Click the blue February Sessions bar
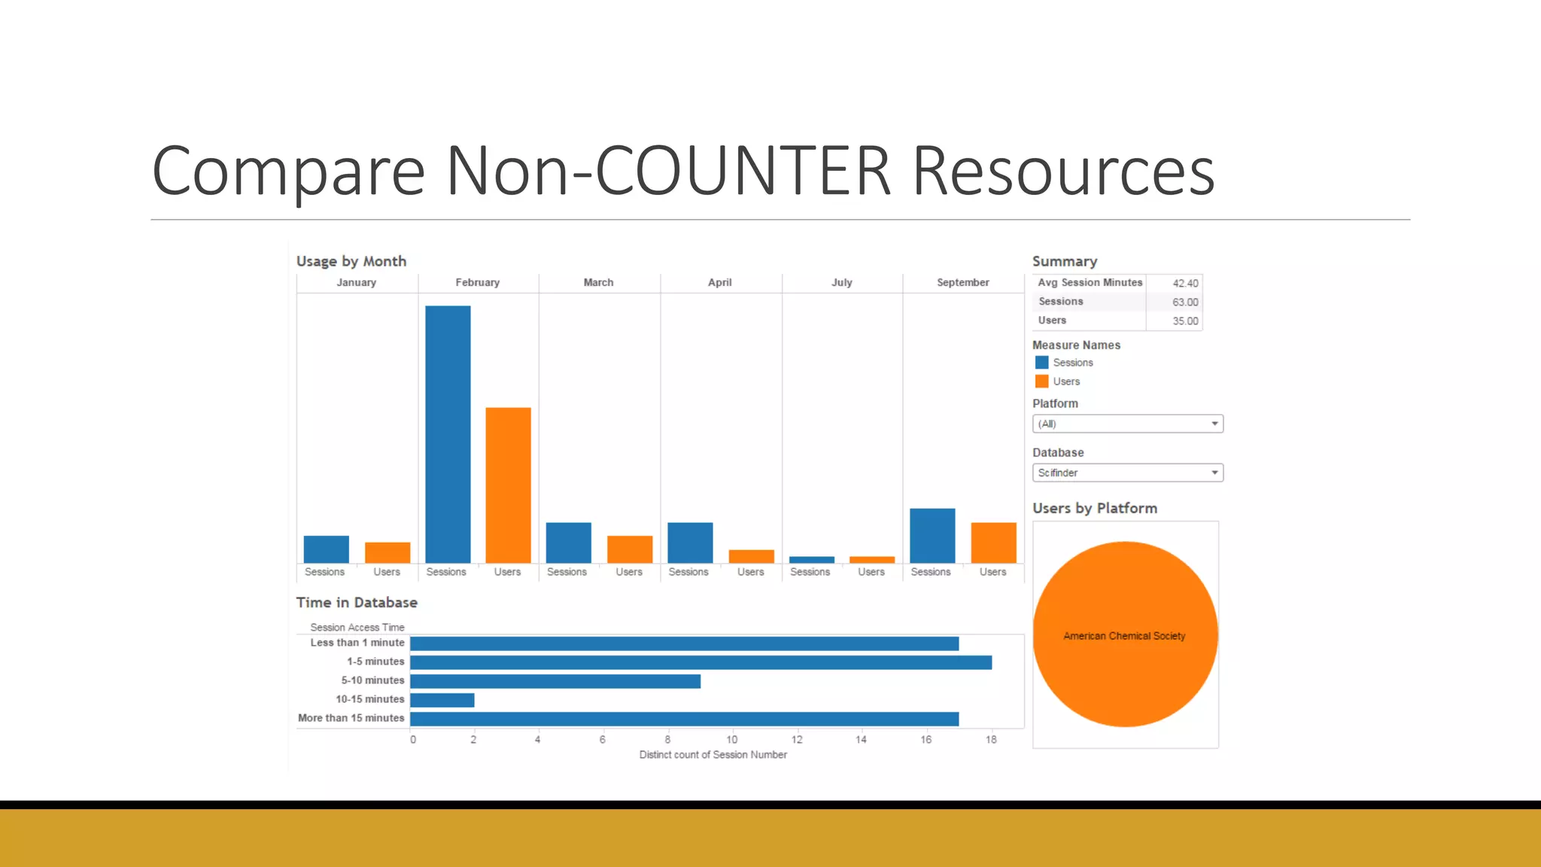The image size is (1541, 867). (448, 434)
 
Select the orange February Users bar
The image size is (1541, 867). (508, 485)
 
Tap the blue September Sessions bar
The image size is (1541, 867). (932, 536)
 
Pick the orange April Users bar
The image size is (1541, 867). (751, 556)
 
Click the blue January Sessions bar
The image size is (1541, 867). (326, 549)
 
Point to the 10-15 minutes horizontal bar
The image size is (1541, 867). (442, 700)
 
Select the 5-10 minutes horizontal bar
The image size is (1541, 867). (555, 681)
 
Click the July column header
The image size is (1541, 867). (841, 282)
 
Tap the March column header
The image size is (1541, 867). (598, 282)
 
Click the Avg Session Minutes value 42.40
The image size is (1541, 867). (1185, 283)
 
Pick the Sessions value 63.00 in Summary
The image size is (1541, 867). (1185, 302)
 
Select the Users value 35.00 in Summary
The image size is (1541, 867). (1185, 321)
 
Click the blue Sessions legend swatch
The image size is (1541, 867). (1041, 363)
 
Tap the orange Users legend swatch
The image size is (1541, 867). (1041, 382)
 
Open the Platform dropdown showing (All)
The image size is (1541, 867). (1127, 424)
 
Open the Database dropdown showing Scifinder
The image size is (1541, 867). (1127, 473)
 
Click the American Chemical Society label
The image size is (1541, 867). (1124, 636)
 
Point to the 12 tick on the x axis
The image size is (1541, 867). (797, 740)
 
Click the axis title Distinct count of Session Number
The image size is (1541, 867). (713, 755)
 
